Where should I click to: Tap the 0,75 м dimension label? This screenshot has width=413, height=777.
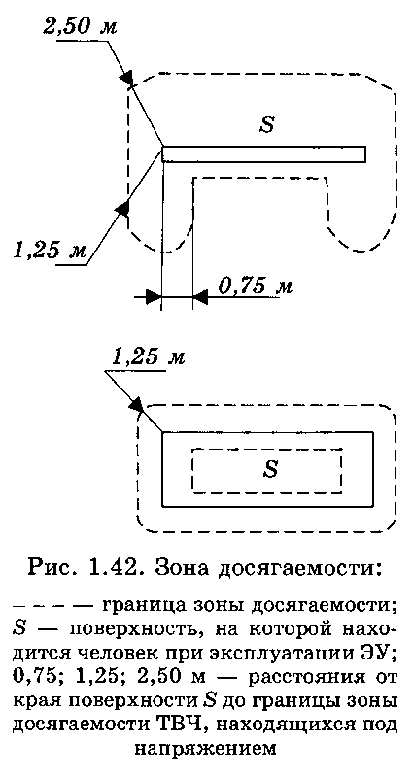coord(254,287)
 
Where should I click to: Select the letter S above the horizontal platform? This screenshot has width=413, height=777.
coord(267,124)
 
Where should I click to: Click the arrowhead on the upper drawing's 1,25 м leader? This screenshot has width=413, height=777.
coord(122,208)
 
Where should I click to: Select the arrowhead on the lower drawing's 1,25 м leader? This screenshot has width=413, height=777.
coord(135,404)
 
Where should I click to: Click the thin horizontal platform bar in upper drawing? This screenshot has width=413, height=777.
coord(263,154)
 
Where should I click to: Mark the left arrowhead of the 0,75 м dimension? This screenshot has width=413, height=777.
coord(154,297)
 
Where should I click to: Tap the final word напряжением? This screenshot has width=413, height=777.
coord(205,752)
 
